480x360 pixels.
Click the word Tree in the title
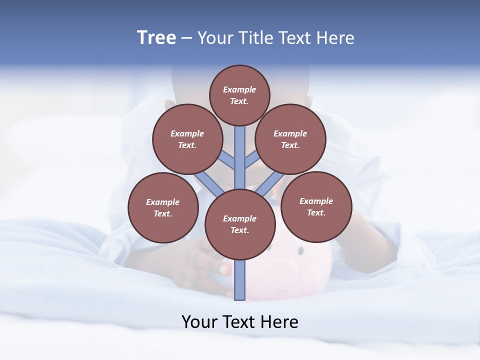(x=156, y=38)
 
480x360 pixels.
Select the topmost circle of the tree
(x=239, y=95)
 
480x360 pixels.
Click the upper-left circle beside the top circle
(x=187, y=139)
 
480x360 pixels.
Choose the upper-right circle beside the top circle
(x=290, y=139)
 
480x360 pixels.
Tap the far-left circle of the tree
(x=163, y=207)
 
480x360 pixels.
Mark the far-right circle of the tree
(x=316, y=206)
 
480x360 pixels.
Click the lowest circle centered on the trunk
(x=240, y=224)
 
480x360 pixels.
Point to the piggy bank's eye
(x=300, y=250)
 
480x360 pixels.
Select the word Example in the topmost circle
(x=239, y=89)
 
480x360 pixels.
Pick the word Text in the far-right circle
(x=315, y=212)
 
